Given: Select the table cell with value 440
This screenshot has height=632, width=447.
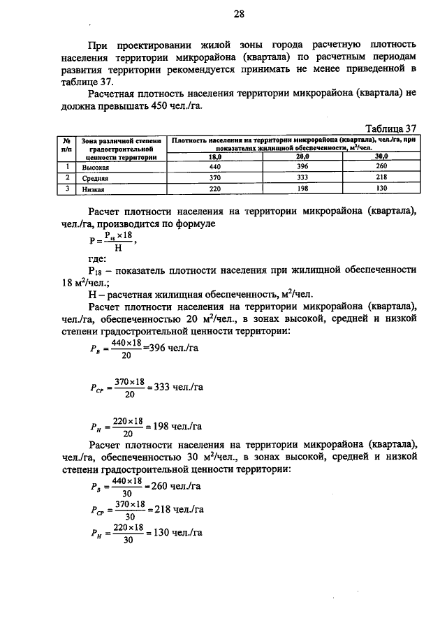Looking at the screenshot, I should [214, 168].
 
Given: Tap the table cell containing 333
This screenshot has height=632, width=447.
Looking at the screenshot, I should [301, 178].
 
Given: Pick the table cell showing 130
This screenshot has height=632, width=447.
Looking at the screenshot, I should [382, 189].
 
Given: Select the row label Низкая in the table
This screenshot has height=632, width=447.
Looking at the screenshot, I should [93, 189].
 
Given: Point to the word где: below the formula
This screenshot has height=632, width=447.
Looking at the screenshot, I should [98, 258].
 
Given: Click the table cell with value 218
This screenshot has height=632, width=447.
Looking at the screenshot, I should [382, 178].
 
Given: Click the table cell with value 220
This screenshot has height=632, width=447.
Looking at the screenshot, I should [214, 189].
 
